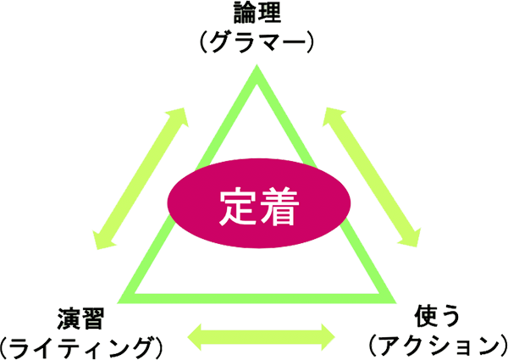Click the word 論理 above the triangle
(257, 13)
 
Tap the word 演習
(81, 319)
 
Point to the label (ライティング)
(80, 347)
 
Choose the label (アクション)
(438, 346)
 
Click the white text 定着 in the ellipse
(259, 207)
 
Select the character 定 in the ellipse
(239, 207)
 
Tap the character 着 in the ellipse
(279, 207)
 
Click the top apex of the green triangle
(257, 64)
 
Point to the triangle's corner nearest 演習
(118, 303)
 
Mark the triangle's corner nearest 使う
(396, 303)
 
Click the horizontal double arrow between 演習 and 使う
(261, 337)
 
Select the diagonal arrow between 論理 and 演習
(141, 179)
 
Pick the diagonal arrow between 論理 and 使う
(372, 177)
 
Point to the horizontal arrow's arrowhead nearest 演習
(195, 337)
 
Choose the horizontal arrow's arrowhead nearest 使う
(329, 337)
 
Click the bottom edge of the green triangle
(257, 298)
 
